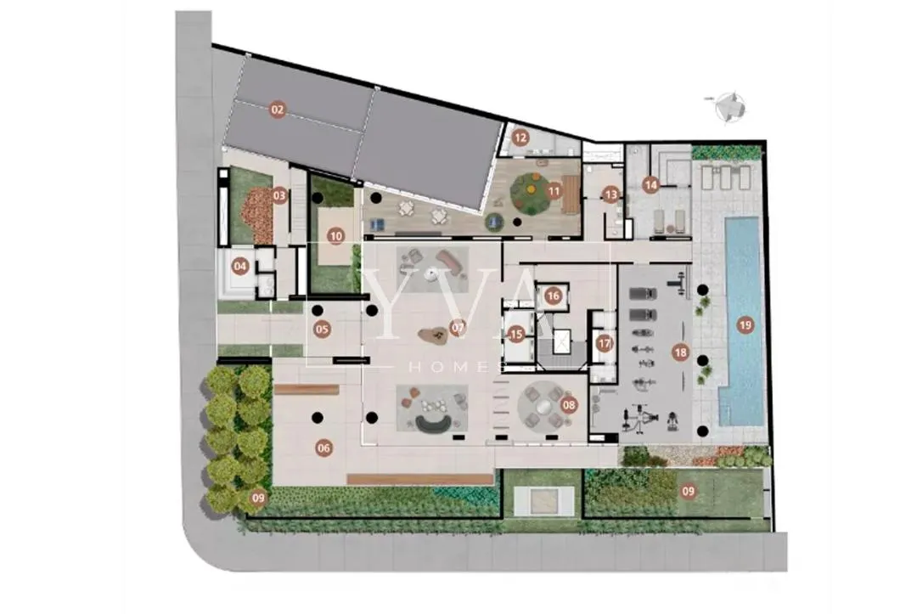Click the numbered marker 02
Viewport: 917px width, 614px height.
tap(277, 109)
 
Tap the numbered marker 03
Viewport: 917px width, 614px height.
tap(279, 195)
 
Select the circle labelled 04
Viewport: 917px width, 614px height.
tap(240, 267)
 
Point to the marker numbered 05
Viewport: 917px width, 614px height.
tap(322, 330)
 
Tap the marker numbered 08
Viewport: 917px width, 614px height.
tap(568, 405)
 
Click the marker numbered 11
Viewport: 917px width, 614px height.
tap(554, 191)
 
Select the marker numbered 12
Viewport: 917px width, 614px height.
tap(520, 137)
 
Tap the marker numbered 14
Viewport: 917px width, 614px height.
tap(650, 183)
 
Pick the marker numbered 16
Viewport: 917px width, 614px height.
tap(554, 296)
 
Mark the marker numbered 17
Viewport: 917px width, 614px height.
tap(604, 344)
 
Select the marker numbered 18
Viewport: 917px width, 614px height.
tap(679, 352)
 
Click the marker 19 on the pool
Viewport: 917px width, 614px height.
tap(745, 324)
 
